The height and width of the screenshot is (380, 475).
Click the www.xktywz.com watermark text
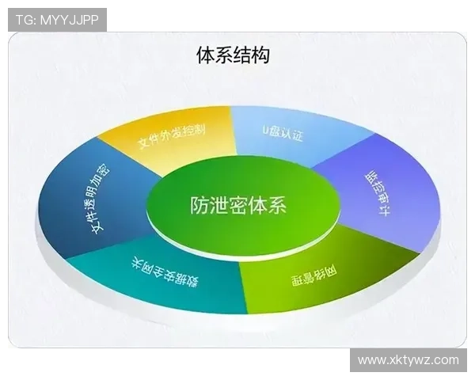(408, 359)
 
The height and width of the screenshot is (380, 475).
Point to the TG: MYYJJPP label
(57, 20)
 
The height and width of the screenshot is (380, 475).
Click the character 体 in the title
(205, 55)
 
